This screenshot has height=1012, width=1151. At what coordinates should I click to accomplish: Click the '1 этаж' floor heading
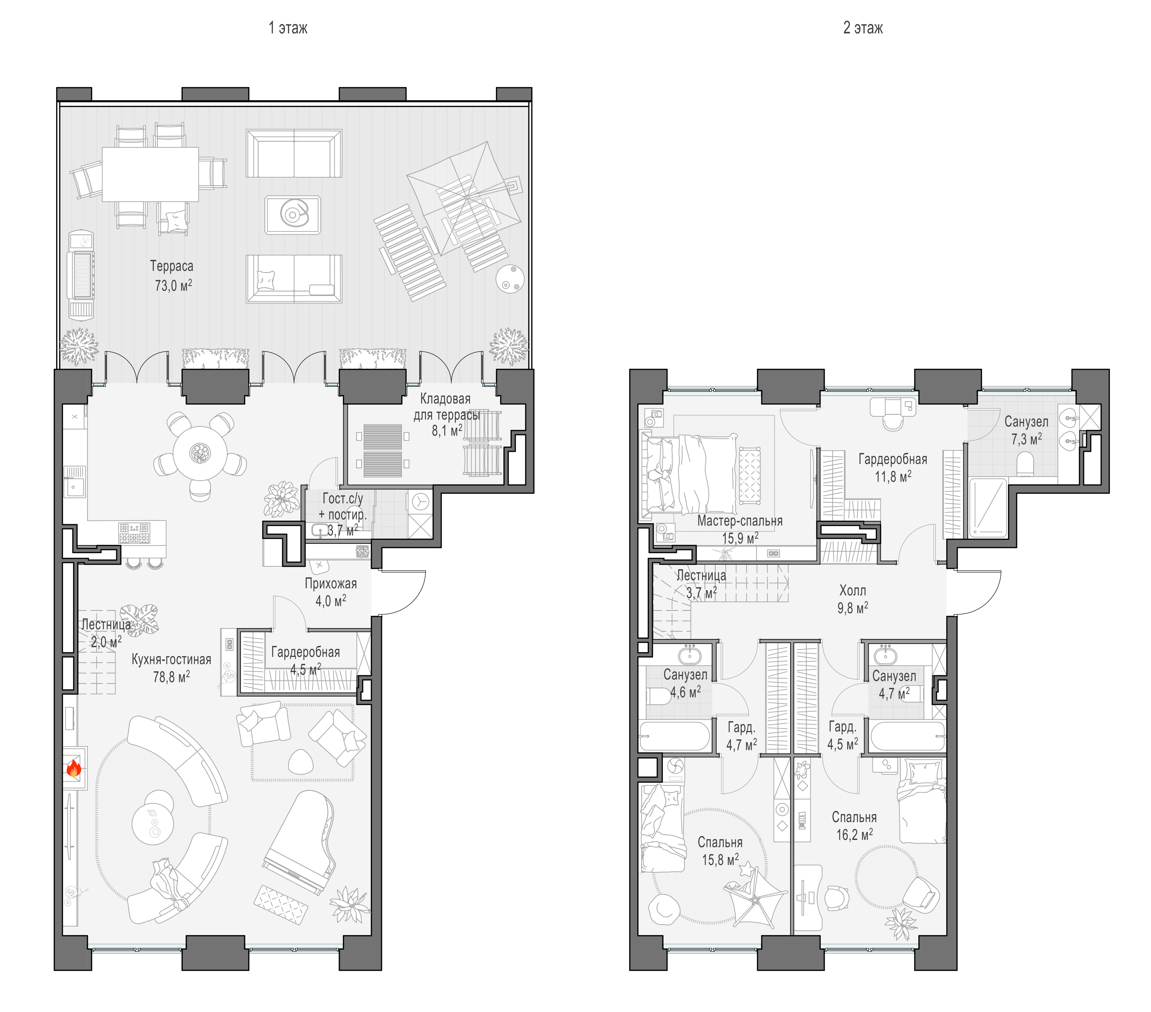pos(288,28)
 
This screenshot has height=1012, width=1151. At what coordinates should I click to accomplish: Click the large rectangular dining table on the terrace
pos(150,174)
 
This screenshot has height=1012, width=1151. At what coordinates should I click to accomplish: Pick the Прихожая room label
pos(331,584)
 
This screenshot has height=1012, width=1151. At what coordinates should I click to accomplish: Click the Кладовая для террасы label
pos(446,407)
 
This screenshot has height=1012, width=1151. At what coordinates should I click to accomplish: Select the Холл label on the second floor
pos(853,590)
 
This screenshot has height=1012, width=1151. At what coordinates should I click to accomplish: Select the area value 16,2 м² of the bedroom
pos(854,835)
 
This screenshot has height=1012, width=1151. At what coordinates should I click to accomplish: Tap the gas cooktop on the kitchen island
pos(134,533)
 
